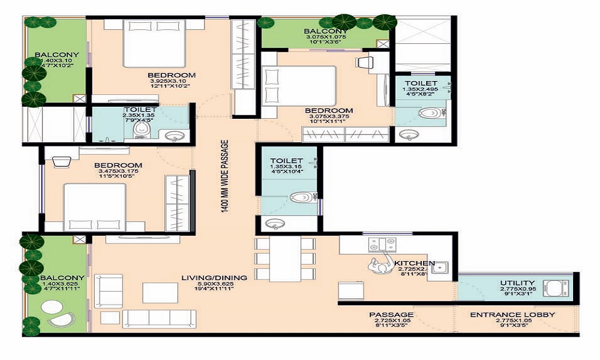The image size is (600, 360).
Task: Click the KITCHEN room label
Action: [x=422, y=263]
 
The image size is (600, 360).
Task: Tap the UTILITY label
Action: [x=517, y=283]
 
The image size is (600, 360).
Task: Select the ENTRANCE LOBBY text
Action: [x=512, y=315]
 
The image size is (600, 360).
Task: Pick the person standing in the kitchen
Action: [x=379, y=264]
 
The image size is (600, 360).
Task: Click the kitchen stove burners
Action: [x=381, y=245]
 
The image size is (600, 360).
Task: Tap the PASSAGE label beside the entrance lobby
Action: [x=391, y=315]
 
